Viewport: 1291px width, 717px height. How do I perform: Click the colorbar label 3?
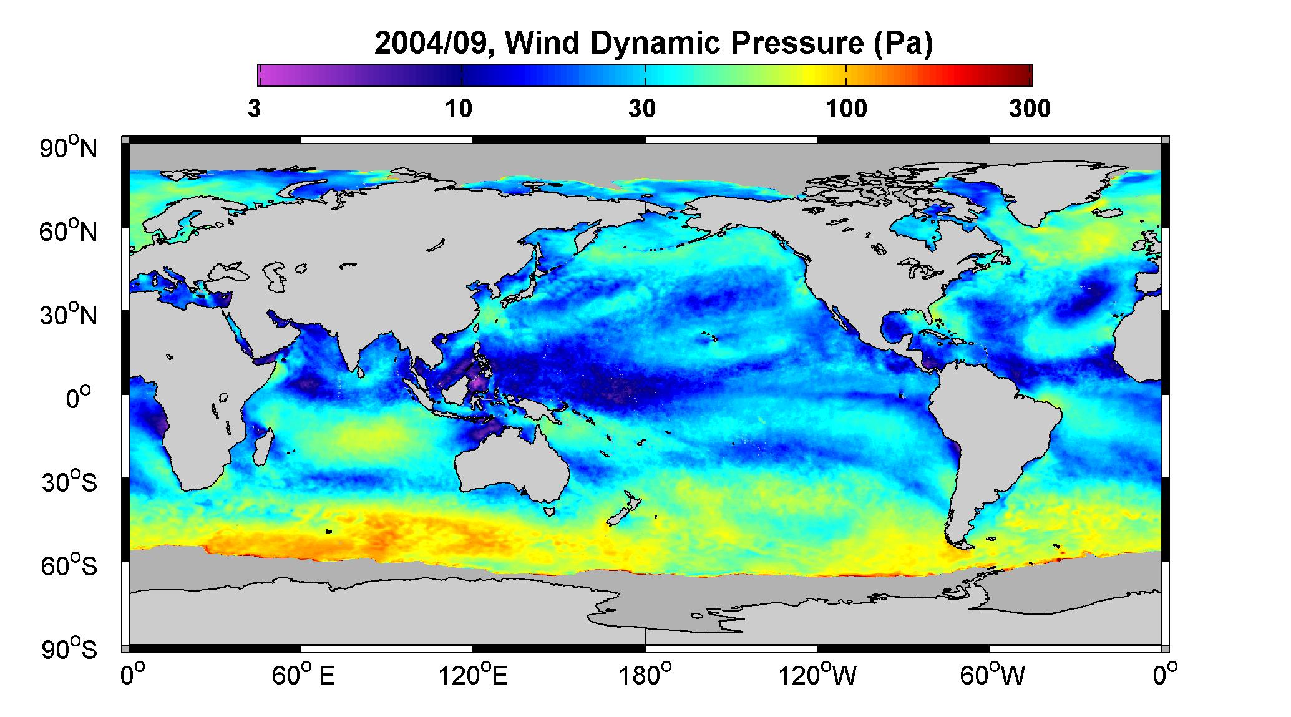[x=254, y=110]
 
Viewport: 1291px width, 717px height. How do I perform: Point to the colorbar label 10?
[x=459, y=110]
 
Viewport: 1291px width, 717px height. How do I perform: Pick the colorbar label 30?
[x=643, y=110]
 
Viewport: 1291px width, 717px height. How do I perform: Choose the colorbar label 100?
[x=846, y=110]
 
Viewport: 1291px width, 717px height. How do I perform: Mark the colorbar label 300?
[x=1030, y=110]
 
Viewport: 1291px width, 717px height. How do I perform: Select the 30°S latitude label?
[x=69, y=482]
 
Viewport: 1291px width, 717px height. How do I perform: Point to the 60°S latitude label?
[x=69, y=566]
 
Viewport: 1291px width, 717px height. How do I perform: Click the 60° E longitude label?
[x=303, y=675]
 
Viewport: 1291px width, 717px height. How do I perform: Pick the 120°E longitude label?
[x=473, y=675]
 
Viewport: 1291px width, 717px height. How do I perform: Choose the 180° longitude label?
[x=645, y=675]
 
